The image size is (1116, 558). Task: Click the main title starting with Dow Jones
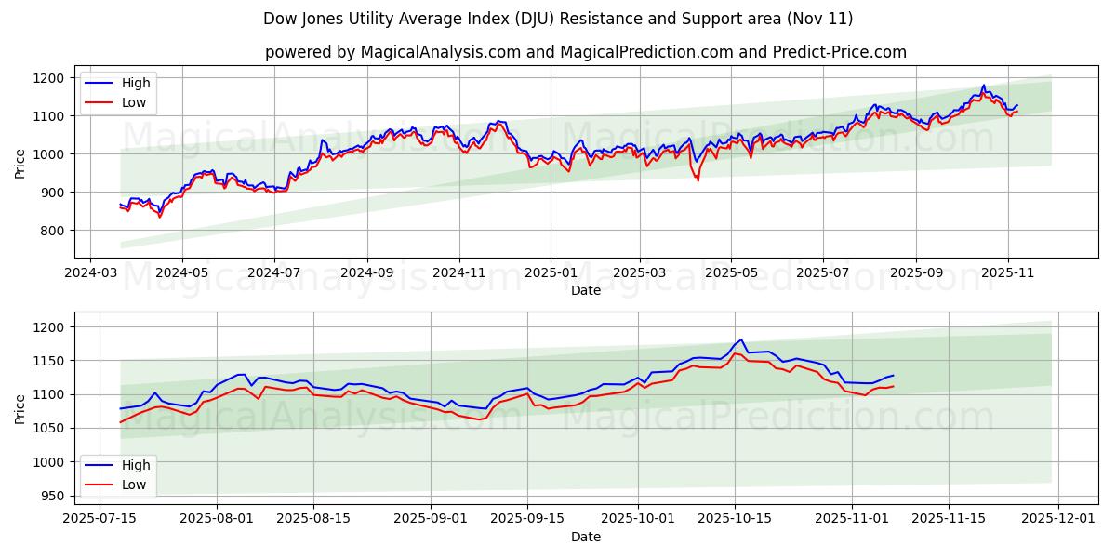point(558,19)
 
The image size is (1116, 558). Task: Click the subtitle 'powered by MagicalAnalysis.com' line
point(586,52)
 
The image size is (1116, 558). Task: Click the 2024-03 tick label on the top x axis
point(89,274)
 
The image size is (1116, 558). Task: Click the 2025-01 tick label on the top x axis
point(551,274)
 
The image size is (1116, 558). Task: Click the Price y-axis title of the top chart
point(20,163)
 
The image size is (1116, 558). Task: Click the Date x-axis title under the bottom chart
point(586,538)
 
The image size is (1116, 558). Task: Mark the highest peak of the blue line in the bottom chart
point(740,339)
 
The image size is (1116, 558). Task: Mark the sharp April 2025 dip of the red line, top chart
point(697,179)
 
